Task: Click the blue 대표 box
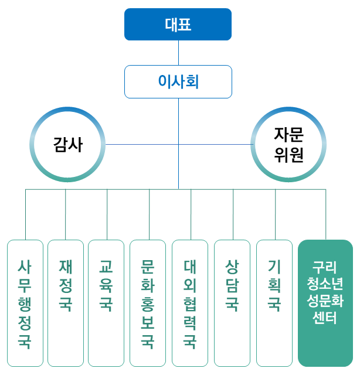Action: (x=178, y=25)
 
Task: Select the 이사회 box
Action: (x=178, y=81)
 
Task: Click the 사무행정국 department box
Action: (x=25, y=303)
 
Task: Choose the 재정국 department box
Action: (x=66, y=303)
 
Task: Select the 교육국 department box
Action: (x=106, y=303)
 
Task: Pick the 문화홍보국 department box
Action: (x=148, y=303)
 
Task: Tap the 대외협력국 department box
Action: (x=190, y=303)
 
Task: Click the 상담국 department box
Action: (x=232, y=303)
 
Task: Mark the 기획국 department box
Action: (x=274, y=303)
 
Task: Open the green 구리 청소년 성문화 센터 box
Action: (x=325, y=303)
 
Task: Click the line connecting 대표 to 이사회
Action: (x=178, y=53)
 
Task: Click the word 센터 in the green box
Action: (x=325, y=318)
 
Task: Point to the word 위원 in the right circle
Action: (x=288, y=155)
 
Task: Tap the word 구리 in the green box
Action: (x=325, y=267)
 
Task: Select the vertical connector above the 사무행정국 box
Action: (x=25, y=214)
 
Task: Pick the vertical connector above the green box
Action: (x=326, y=214)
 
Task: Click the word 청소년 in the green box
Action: (x=325, y=284)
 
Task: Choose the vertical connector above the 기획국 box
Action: (x=275, y=214)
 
